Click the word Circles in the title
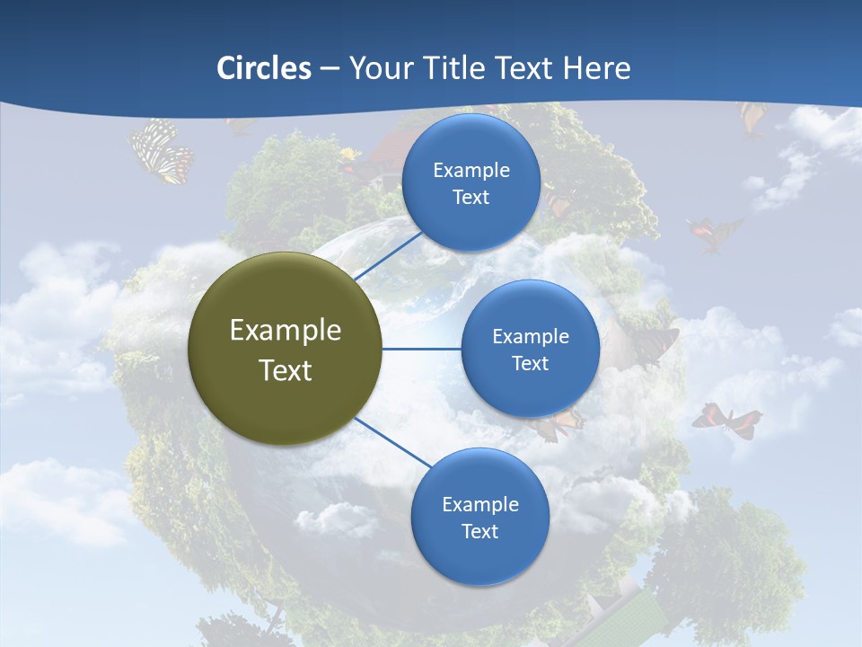[264, 68]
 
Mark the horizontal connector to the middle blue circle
[421, 349]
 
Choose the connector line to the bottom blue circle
[393, 443]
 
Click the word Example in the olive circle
[286, 330]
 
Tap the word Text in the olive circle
[286, 370]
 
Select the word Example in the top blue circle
[471, 170]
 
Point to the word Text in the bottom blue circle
[479, 531]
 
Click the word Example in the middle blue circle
[530, 336]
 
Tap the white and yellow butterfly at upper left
[162, 151]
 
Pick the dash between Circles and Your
[330, 69]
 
